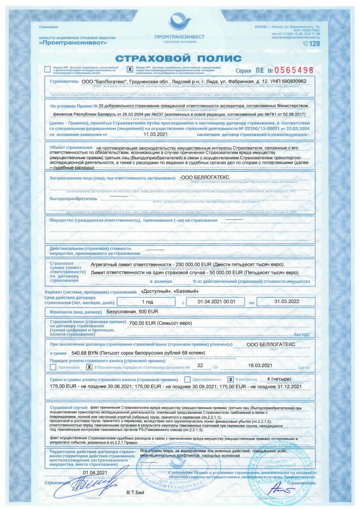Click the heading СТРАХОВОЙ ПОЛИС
click(x=178, y=58)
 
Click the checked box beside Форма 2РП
click(x=130, y=69)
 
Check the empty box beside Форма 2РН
click(x=47, y=69)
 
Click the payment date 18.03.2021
click(x=260, y=365)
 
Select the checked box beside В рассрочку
click(x=231, y=379)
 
